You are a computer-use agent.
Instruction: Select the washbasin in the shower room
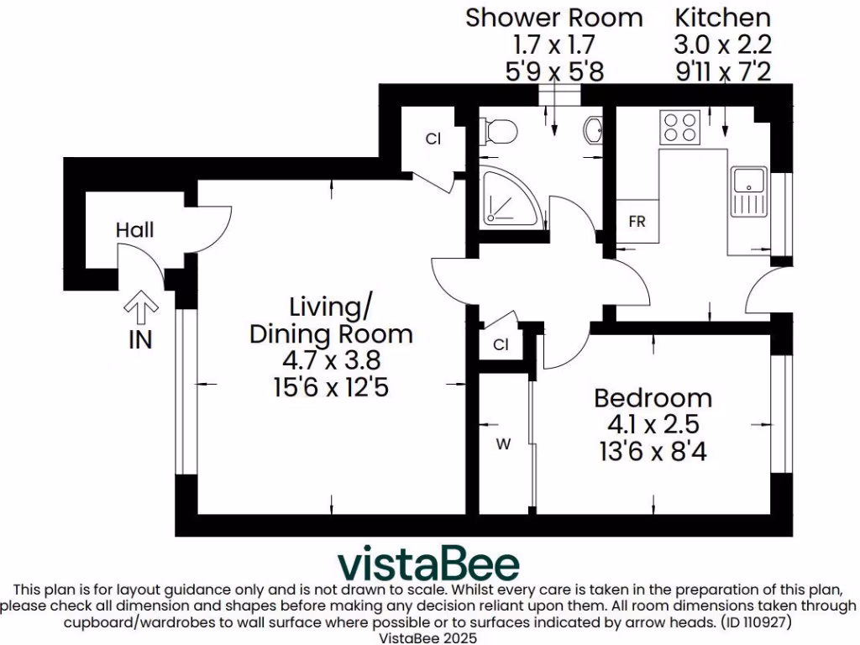593,130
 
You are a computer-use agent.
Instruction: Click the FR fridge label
637,223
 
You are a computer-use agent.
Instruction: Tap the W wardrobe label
503,445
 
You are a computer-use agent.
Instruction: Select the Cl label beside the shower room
433,139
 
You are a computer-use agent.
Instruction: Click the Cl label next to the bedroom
501,344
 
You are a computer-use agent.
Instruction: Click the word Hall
135,229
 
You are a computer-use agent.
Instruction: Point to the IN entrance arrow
140,312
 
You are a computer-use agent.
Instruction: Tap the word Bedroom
653,397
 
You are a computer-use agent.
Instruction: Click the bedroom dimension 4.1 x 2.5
653,424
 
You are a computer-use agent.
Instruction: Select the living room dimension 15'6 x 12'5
331,389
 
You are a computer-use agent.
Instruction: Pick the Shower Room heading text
554,17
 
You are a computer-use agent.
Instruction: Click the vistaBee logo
428,564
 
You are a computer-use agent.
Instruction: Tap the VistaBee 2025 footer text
429,637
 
